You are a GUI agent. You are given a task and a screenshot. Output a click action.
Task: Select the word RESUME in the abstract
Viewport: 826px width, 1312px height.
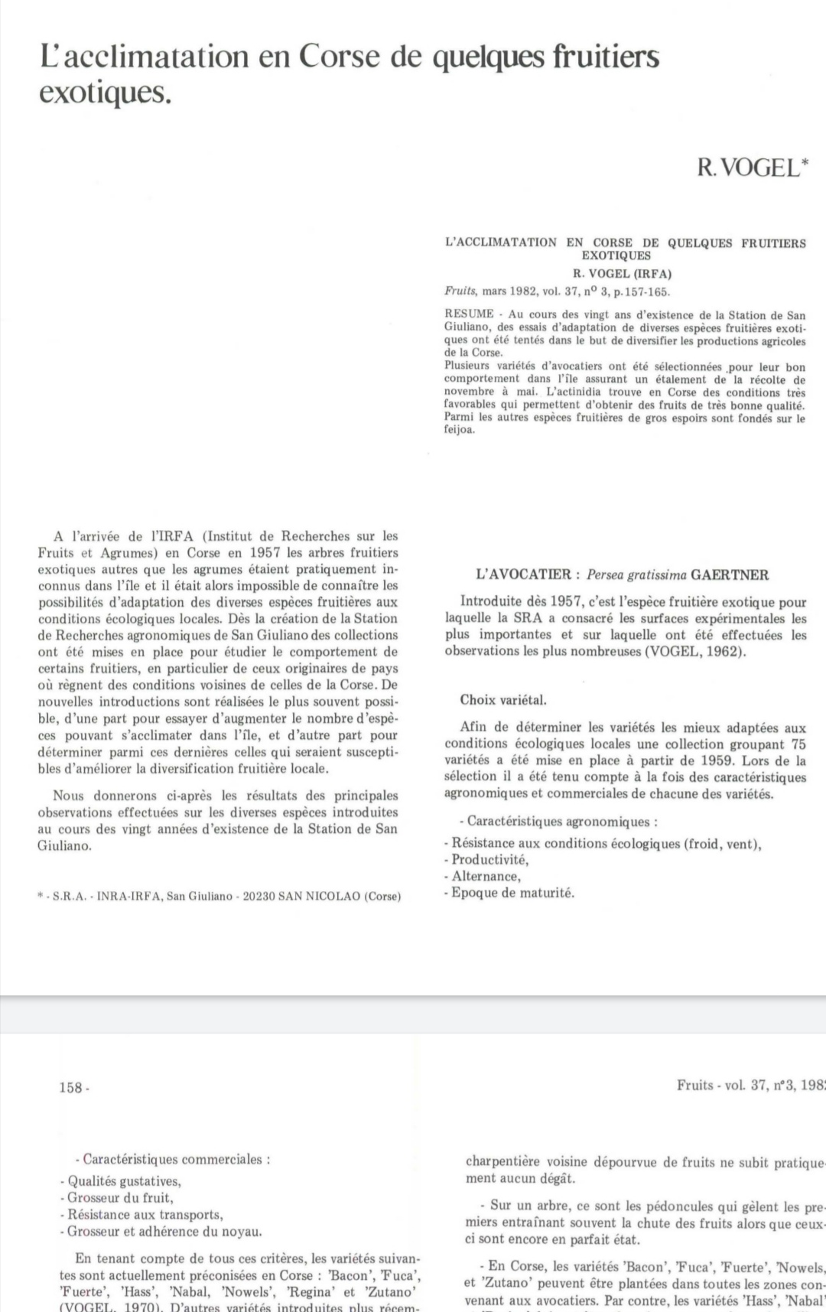click(469, 314)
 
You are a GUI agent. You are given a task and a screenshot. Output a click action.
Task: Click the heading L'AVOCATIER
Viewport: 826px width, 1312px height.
click(523, 575)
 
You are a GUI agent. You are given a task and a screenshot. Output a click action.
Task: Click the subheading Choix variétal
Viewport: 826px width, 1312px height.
click(503, 700)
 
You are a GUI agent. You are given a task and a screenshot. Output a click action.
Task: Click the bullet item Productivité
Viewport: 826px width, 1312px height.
click(489, 860)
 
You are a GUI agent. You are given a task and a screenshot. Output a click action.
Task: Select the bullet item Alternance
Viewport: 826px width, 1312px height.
click(486, 877)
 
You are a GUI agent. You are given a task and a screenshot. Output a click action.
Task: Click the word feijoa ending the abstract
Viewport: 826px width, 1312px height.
click(460, 429)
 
